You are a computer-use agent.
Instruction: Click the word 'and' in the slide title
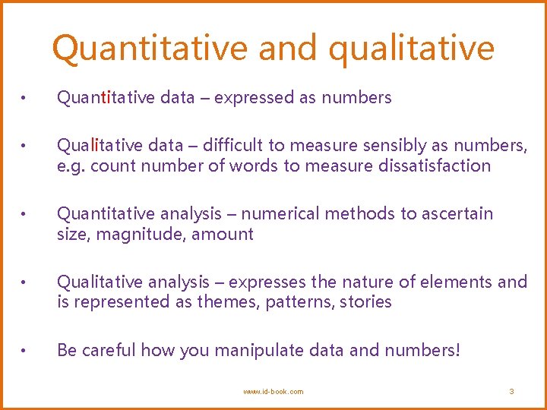coord(286,48)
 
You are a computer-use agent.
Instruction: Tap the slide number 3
coord(511,391)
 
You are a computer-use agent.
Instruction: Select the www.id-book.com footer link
coord(273,391)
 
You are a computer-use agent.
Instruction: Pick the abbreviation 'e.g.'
coord(71,166)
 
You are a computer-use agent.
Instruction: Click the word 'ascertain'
coord(457,213)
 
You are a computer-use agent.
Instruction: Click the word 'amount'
coord(222,234)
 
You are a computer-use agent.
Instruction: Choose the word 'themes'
coord(226,302)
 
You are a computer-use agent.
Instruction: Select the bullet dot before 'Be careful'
coord(25,351)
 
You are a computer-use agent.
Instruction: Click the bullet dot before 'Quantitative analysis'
coord(25,214)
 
